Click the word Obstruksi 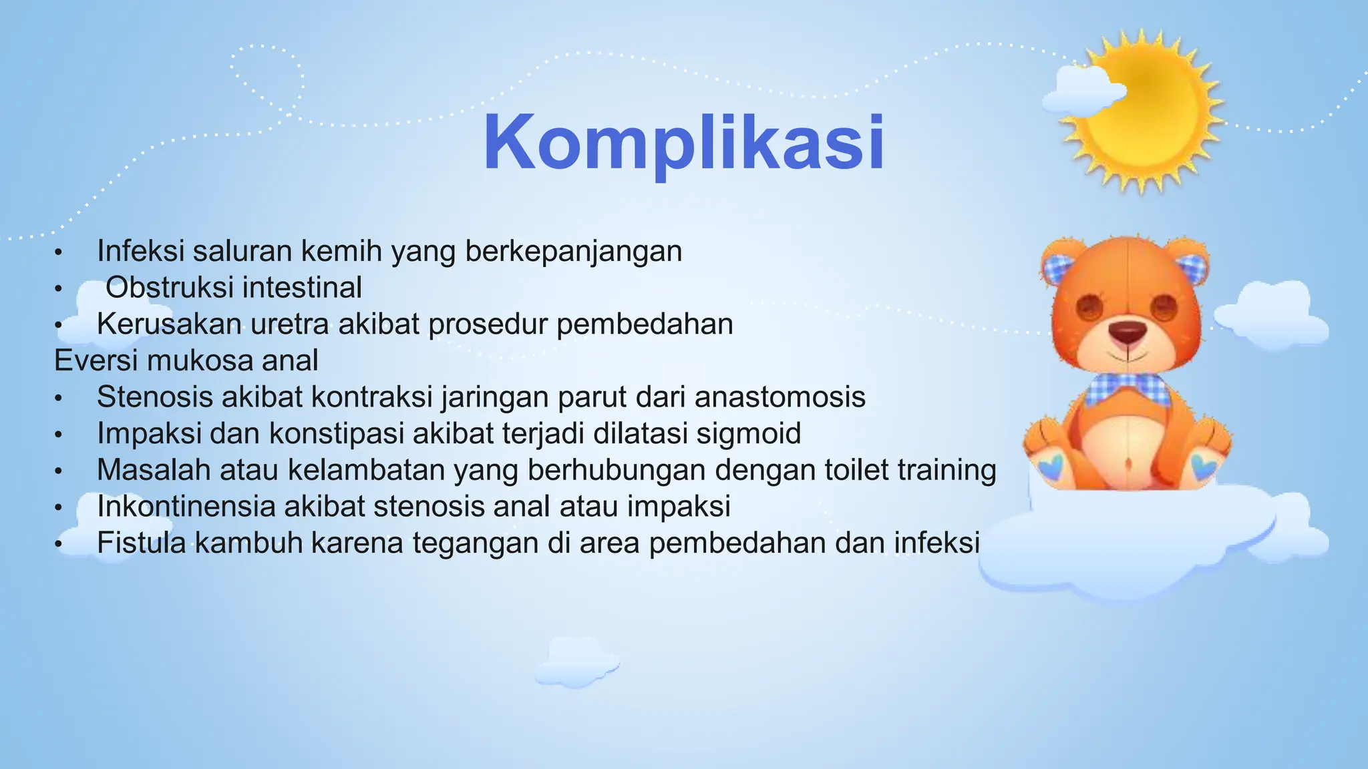[169, 288]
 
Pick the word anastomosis [780, 397]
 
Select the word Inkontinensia [186, 506]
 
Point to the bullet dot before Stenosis [59, 399]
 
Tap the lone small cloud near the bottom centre [576, 662]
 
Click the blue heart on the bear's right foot [1202, 465]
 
